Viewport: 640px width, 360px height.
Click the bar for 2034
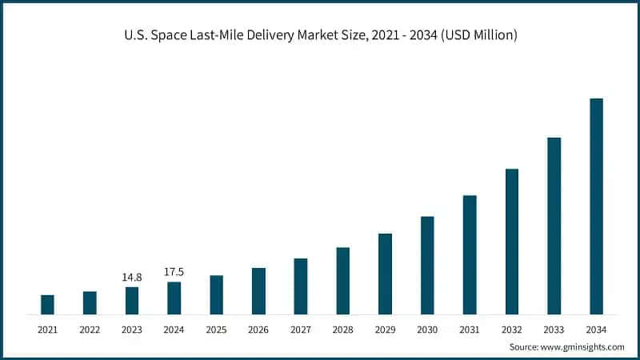(596, 206)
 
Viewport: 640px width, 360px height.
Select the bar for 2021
(47, 305)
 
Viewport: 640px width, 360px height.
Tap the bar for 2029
(385, 274)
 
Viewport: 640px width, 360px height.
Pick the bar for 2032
(512, 242)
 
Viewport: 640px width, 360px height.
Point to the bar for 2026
(258, 291)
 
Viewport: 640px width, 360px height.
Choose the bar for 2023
(132, 300)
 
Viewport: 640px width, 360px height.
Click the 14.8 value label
(132, 277)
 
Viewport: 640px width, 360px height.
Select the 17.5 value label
(174, 272)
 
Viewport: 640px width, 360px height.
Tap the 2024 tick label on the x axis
(174, 330)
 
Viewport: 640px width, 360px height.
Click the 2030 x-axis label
(427, 330)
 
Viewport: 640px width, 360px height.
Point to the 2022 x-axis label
(90, 330)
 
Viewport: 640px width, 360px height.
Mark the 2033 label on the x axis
(554, 330)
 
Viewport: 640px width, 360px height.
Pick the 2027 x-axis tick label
(301, 330)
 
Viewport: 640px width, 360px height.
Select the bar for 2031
(470, 254)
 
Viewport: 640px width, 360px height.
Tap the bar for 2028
(342, 281)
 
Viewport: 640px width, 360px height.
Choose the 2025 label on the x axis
(216, 330)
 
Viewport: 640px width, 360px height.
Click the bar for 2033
(554, 226)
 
